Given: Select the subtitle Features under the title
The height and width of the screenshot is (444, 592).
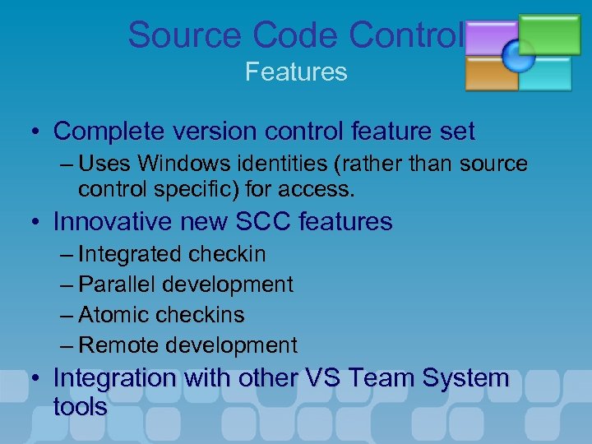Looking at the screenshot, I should tap(296, 72).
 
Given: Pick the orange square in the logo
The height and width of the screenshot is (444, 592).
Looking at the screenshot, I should tap(490, 74).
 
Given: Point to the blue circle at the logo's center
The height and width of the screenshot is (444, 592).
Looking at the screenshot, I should tap(519, 55).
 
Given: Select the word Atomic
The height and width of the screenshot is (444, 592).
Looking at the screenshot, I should tap(114, 315).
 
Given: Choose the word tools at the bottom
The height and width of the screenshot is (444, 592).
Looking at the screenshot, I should tap(80, 407).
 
